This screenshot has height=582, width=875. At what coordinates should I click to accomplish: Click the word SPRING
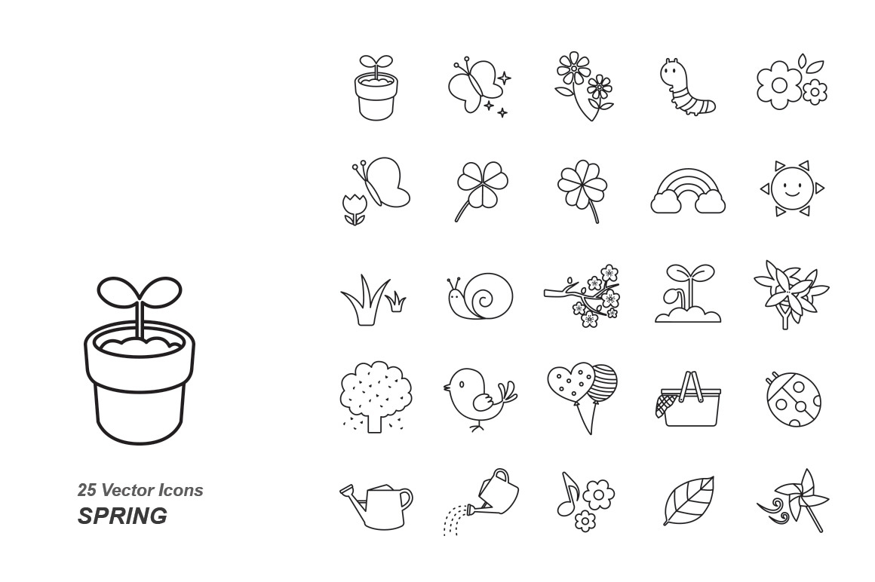coord(122,516)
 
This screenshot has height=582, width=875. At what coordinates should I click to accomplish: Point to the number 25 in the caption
coord(87,490)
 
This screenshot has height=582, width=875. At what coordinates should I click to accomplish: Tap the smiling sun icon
coord(791,188)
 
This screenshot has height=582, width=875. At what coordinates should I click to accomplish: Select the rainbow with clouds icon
coord(688,191)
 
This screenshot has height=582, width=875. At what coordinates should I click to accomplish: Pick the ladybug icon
coord(793,400)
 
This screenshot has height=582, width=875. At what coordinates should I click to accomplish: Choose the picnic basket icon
coord(689,401)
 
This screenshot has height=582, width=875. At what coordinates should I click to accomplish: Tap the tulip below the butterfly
coord(355,207)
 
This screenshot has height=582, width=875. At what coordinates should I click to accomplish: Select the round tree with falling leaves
coord(376,396)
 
